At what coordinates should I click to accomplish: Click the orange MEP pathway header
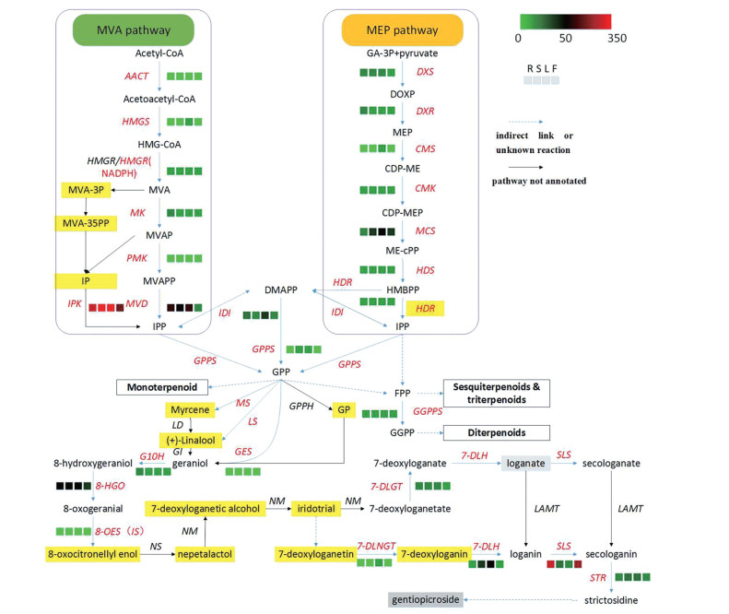pyautogui.click(x=402, y=32)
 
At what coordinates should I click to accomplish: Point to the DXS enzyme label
pyautogui.click(x=425, y=71)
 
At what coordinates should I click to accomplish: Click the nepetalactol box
pyautogui.click(x=205, y=554)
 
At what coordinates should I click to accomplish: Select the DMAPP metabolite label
pyautogui.click(x=279, y=290)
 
